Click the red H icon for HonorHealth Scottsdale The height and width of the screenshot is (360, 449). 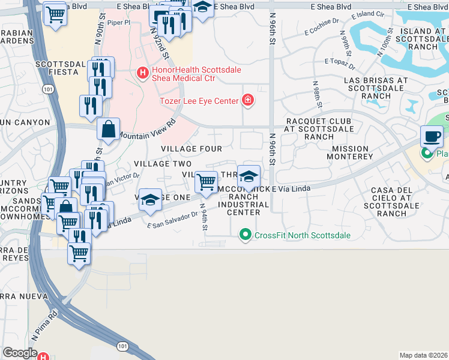142,74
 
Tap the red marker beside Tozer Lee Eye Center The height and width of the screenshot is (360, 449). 247,101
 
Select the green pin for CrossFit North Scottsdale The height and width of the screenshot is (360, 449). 244,234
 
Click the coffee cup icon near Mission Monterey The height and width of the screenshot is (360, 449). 432,136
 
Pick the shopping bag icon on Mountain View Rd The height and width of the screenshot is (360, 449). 108,129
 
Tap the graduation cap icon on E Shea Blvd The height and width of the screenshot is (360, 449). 203,7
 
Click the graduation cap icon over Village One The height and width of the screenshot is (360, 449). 151,199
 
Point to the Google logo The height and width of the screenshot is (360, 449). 20,353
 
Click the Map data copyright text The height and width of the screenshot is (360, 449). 424,355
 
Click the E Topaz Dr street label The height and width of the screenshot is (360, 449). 339,61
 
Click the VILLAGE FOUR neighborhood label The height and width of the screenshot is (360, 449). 191,149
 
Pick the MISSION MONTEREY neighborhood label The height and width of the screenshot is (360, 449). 350,152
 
